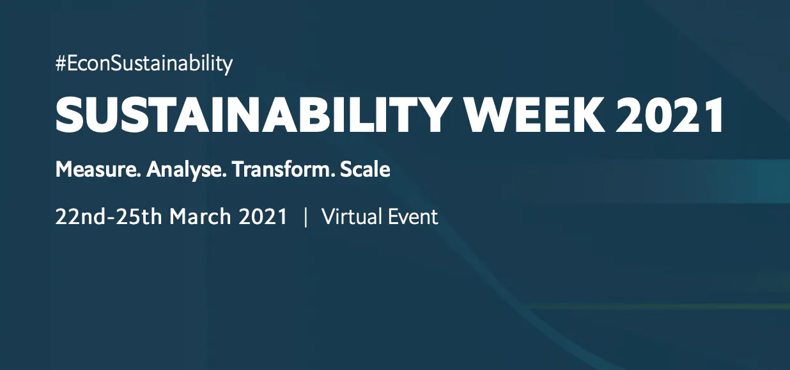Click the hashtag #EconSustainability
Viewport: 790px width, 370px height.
[144, 64]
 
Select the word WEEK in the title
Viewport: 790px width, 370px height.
[532, 115]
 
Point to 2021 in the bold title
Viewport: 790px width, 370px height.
[669, 115]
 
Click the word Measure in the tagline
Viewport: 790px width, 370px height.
[98, 170]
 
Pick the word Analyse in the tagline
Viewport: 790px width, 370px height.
[186, 170]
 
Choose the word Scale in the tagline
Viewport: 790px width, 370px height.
[365, 170]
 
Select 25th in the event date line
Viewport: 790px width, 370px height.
[139, 216]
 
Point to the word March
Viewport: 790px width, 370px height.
[200, 216]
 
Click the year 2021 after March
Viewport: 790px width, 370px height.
[263, 216]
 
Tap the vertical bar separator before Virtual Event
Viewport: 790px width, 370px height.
[306, 217]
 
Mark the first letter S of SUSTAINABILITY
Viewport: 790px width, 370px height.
[70, 115]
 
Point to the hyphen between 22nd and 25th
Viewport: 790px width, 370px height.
[111, 218]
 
